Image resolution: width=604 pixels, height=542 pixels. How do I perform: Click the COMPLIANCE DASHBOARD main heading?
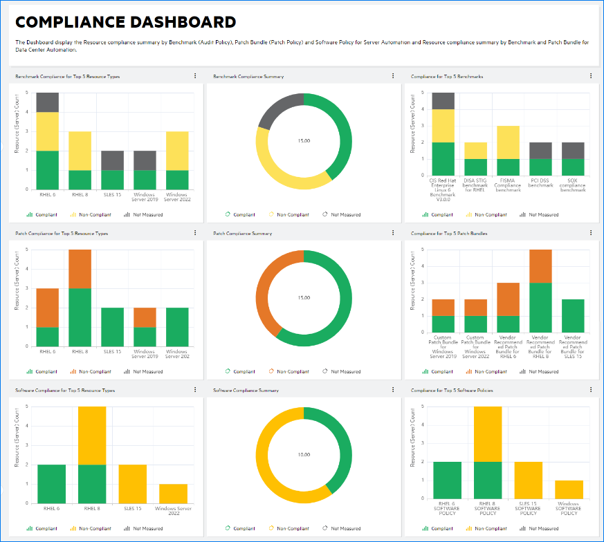125,23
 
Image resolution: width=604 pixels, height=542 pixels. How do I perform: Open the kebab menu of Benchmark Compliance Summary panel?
393,76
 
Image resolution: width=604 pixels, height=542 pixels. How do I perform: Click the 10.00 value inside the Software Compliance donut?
304,454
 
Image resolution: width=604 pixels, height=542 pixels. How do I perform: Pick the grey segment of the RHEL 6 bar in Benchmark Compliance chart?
47,102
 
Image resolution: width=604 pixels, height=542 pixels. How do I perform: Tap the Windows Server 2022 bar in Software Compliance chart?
172,494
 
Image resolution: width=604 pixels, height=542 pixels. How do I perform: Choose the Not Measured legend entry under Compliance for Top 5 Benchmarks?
542,215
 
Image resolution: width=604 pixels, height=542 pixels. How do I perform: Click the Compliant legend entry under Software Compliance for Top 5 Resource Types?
46,528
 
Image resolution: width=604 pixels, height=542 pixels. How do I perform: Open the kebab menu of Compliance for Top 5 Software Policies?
591,390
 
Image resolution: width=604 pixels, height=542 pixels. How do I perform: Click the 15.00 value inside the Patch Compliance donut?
304,298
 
